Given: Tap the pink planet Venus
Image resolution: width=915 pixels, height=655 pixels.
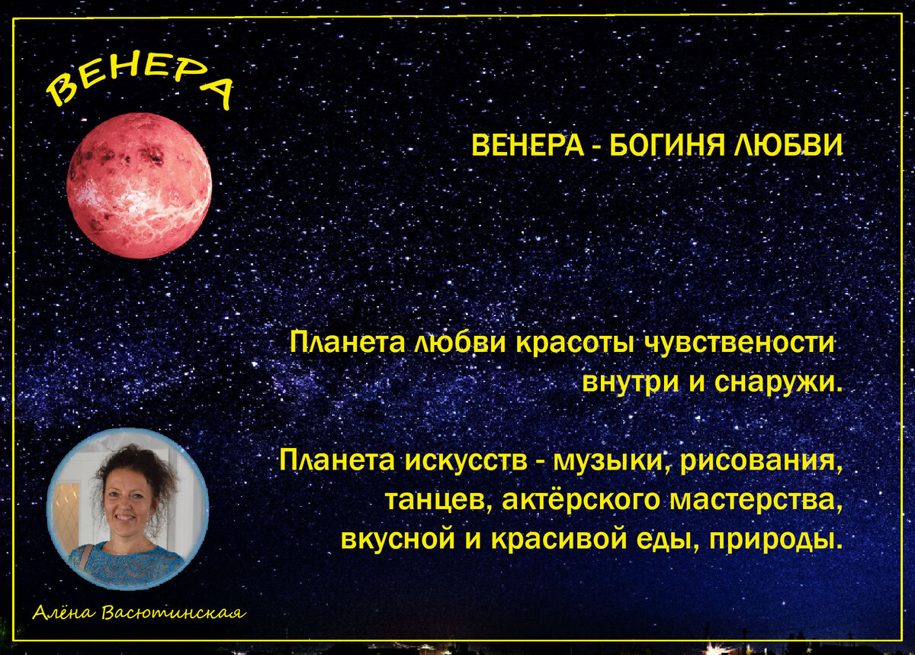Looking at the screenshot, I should point(139,186).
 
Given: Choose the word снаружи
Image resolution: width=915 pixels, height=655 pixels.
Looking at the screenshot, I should point(778,381).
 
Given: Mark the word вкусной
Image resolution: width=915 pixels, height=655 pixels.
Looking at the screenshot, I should point(398,540).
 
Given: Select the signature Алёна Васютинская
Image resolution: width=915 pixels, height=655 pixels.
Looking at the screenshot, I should point(140,613).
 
